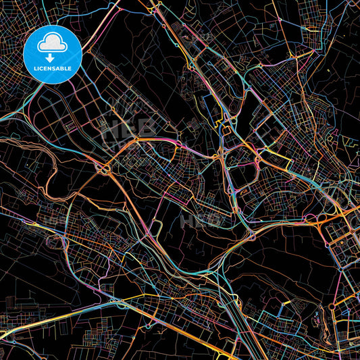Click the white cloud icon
coord(52,41)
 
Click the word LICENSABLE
coord(52,69)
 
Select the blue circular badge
coord(53,53)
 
